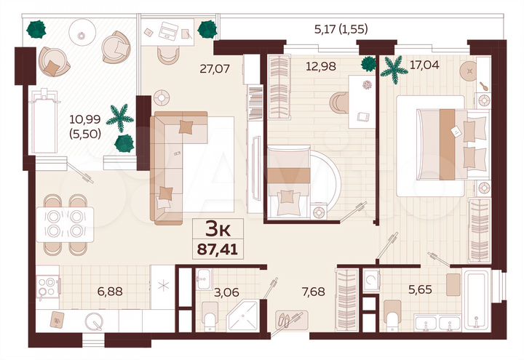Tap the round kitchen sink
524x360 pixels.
click(x=93, y=321)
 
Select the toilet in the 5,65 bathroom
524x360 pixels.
click(x=390, y=313)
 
